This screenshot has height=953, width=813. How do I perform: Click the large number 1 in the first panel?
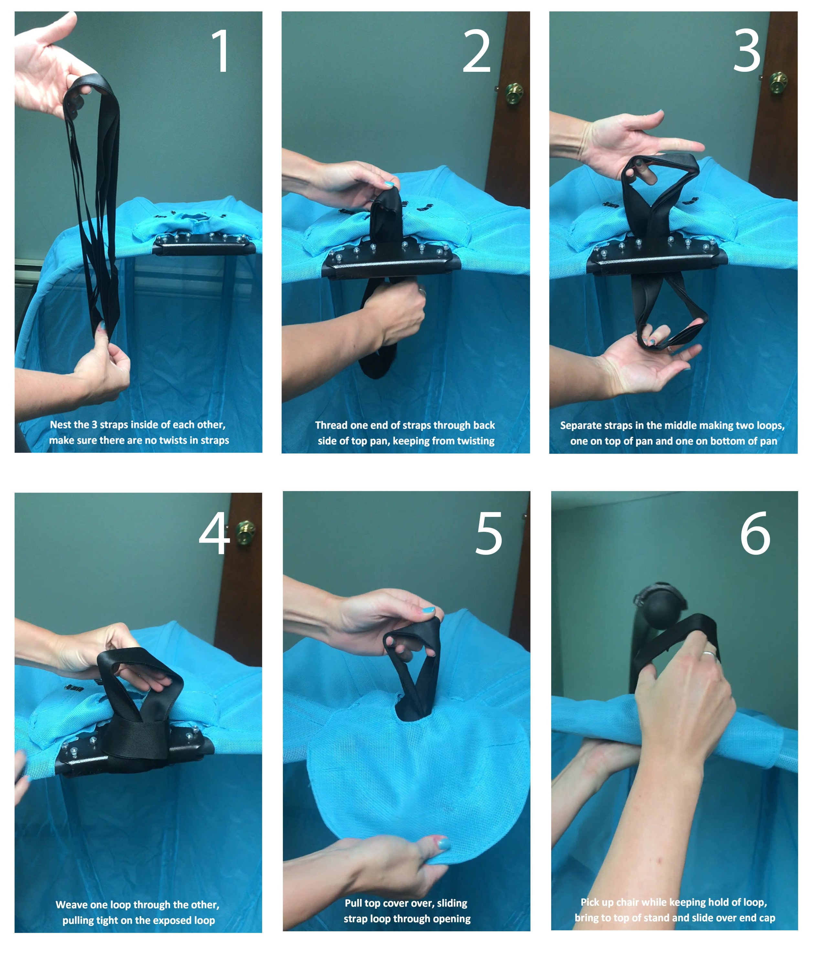point(221,50)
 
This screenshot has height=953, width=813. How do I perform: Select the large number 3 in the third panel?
point(746,50)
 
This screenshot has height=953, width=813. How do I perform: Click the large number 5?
point(488,533)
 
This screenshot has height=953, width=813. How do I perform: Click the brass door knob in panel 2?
point(513,93)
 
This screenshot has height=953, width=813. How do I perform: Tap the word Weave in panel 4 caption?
point(70,905)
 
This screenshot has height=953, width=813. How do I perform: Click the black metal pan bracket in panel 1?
point(204,244)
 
